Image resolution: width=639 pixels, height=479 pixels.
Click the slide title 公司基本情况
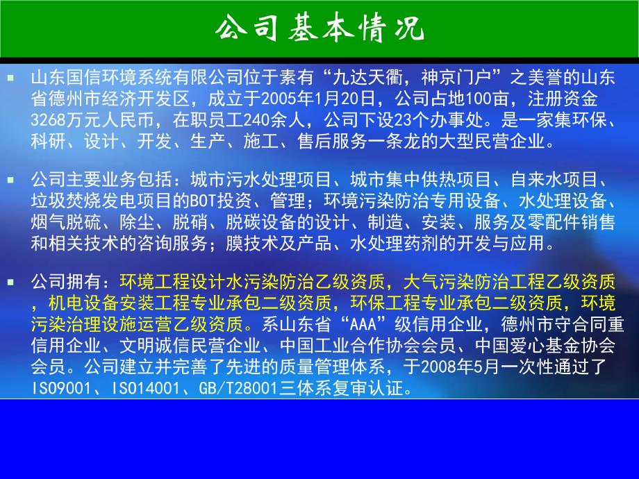tap(319, 29)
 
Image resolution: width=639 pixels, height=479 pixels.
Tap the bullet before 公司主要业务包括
tap(10, 179)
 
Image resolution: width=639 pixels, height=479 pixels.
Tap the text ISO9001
tap(62, 389)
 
